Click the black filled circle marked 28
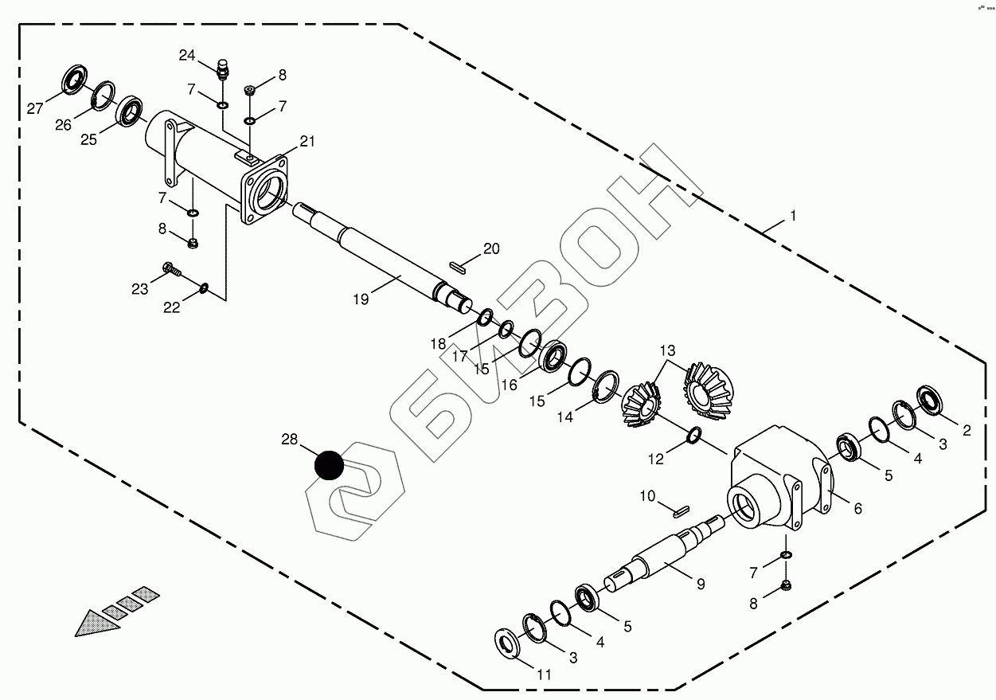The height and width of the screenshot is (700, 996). click(x=328, y=465)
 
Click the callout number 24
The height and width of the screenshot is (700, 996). click(x=187, y=55)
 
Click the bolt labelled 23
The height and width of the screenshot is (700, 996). click(x=171, y=269)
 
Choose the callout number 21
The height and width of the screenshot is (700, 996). click(x=307, y=142)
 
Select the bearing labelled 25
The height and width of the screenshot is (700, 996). click(x=130, y=111)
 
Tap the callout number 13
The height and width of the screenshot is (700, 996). click(x=666, y=350)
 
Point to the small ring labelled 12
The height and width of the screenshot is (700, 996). click(x=693, y=435)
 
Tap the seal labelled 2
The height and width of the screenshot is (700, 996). click(x=930, y=398)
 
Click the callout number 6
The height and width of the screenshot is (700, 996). click(x=857, y=508)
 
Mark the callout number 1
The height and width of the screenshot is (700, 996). click(x=792, y=216)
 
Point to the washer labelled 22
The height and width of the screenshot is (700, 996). click(x=204, y=287)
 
